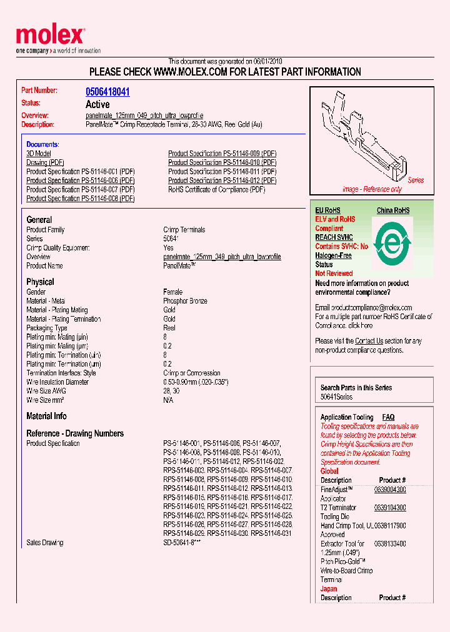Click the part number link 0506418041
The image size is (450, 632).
click(x=107, y=92)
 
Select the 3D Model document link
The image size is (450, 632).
click(x=39, y=154)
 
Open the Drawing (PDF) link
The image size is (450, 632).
click(x=46, y=162)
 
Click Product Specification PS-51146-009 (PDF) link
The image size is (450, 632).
click(x=222, y=154)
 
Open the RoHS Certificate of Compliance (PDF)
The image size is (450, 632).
click(x=217, y=189)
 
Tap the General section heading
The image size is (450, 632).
click(x=39, y=220)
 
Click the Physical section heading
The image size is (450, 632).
click(x=40, y=282)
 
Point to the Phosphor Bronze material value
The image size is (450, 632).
click(x=185, y=301)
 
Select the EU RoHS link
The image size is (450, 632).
click(x=327, y=210)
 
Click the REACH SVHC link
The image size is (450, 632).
click(x=334, y=237)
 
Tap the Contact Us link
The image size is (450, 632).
click(x=369, y=341)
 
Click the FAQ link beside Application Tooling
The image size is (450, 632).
click(x=388, y=417)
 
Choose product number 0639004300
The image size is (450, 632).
click(x=390, y=490)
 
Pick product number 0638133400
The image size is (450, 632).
click(x=390, y=544)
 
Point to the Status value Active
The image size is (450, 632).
click(x=97, y=104)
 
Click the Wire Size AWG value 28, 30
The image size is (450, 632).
click(x=171, y=391)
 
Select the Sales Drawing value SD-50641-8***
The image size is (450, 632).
click(x=182, y=543)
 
